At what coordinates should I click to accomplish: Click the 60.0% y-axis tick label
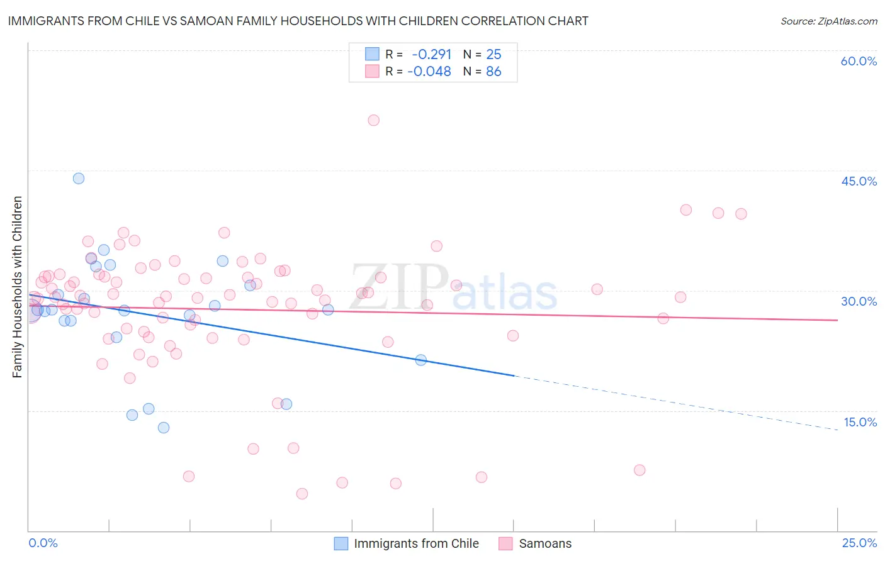(859, 61)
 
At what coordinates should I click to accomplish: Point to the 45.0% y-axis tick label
(859, 181)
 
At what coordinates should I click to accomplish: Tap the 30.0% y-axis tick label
(859, 301)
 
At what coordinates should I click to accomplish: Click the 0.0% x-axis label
(43, 543)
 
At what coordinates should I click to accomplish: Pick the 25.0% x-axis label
(859, 543)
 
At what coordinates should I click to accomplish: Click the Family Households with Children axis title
(18, 287)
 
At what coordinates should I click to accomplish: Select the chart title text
(298, 21)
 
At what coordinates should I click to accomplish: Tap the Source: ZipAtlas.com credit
(828, 21)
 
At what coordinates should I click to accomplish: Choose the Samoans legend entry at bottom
(545, 543)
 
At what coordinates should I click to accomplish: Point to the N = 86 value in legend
(482, 72)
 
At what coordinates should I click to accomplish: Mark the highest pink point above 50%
(373, 120)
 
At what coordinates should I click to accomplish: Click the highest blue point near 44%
(79, 178)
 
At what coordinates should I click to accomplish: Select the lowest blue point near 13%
(164, 428)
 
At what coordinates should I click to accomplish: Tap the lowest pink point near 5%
(302, 494)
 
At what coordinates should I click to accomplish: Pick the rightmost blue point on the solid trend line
(421, 360)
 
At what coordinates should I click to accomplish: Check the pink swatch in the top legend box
(373, 72)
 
